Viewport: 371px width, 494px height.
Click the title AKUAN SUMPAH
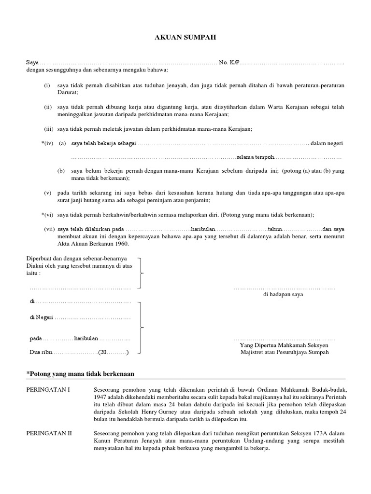[x=185, y=37]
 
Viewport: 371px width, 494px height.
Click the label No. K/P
[x=229, y=63]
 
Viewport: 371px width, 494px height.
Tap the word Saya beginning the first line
[x=32, y=63]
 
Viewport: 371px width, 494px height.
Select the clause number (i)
[x=47, y=85]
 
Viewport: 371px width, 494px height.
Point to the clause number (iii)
[x=48, y=129]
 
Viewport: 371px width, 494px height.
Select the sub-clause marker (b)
[x=61, y=171]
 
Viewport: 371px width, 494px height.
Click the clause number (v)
[x=47, y=193]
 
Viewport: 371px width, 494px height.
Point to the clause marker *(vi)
[x=47, y=214]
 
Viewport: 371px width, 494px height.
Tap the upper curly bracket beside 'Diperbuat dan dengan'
[x=141, y=273]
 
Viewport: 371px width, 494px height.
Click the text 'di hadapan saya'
[x=283, y=295]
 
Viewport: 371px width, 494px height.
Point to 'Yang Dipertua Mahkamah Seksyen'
[x=284, y=345]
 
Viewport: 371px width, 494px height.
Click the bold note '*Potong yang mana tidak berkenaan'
[x=80, y=374]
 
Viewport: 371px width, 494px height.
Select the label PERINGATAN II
[x=48, y=434]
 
